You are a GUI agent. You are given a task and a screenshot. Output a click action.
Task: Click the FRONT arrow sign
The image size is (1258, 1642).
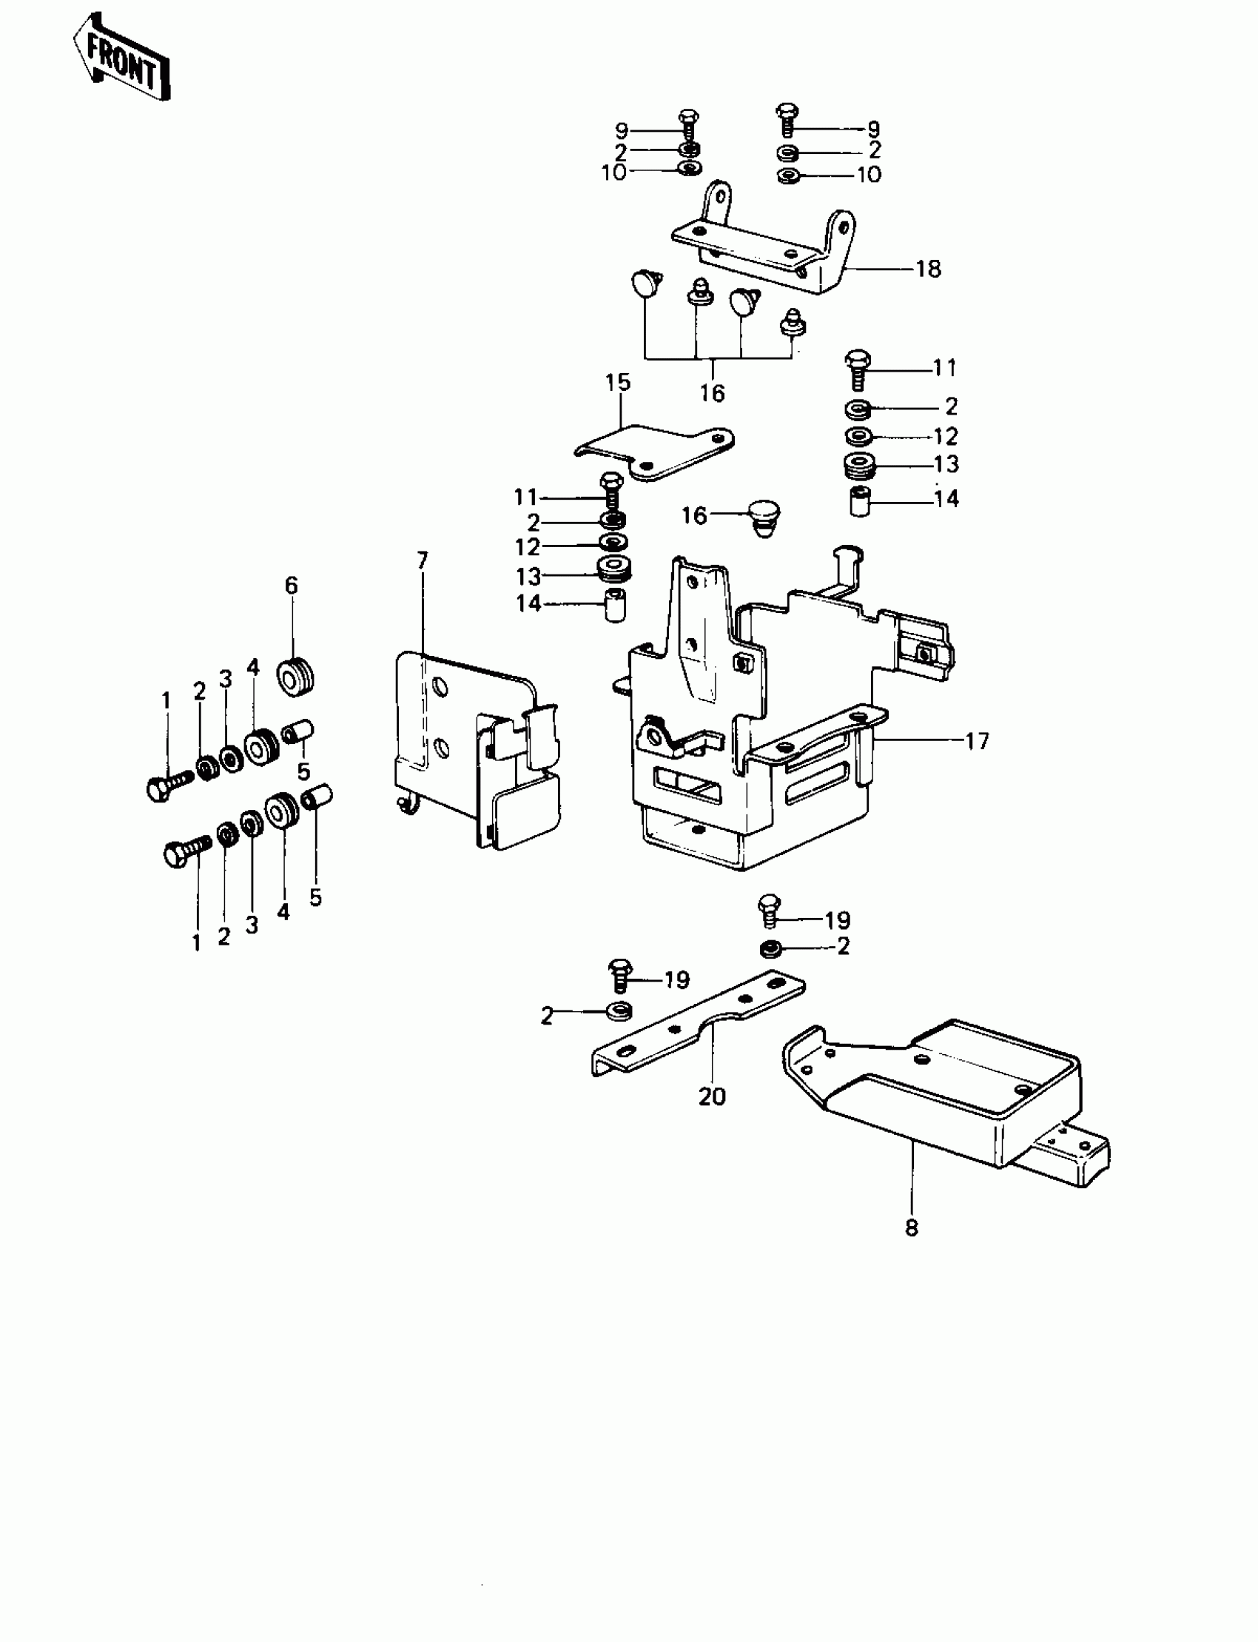click(x=121, y=56)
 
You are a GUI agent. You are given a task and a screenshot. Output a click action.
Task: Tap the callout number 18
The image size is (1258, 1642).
click(x=929, y=269)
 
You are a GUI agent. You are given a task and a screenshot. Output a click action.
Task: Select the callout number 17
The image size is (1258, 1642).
click(x=978, y=741)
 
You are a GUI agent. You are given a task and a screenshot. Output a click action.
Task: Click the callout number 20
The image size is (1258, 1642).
click(x=712, y=1096)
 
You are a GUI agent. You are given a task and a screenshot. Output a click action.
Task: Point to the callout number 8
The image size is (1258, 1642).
click(x=911, y=1227)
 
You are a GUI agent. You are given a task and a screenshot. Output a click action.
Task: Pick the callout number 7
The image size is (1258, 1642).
click(x=423, y=560)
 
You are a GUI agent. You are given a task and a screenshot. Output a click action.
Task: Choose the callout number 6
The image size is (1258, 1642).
click(x=292, y=585)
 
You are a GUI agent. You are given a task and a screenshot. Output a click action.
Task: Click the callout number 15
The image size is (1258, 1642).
click(x=618, y=382)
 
